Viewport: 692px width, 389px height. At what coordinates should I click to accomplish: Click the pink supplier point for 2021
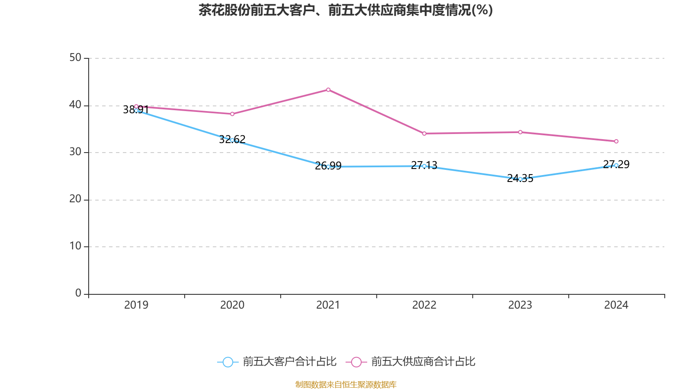(328, 90)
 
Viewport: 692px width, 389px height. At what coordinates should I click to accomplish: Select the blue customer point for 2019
(136, 111)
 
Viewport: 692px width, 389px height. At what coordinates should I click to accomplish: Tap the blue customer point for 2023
(520, 179)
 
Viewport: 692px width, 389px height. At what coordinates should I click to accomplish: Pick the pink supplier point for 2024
(616, 141)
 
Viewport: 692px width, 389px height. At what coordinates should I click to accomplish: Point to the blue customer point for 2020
(232, 140)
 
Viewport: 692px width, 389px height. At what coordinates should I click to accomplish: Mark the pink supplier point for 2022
(424, 134)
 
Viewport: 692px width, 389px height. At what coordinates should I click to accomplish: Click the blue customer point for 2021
(328, 167)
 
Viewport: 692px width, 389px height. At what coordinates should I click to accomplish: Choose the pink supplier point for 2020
(232, 114)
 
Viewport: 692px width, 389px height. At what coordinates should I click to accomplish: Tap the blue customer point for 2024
(616, 165)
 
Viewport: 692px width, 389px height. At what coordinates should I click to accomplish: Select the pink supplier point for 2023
(520, 132)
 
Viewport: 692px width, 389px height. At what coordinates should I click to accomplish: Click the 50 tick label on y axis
(75, 58)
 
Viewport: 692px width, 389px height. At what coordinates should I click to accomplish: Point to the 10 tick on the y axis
(75, 246)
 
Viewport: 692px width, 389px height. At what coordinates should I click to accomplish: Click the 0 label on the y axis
(78, 293)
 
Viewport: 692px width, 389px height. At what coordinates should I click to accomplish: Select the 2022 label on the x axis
(424, 305)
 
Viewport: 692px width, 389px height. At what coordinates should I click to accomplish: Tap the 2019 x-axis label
(136, 305)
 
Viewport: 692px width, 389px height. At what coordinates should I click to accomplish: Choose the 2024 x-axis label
(616, 305)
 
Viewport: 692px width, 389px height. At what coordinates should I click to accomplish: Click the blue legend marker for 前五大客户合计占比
(227, 362)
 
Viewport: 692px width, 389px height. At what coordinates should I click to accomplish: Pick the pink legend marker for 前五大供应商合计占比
(356, 362)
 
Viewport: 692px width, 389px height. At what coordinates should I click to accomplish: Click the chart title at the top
(346, 10)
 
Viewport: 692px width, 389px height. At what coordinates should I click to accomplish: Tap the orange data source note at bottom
(346, 384)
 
